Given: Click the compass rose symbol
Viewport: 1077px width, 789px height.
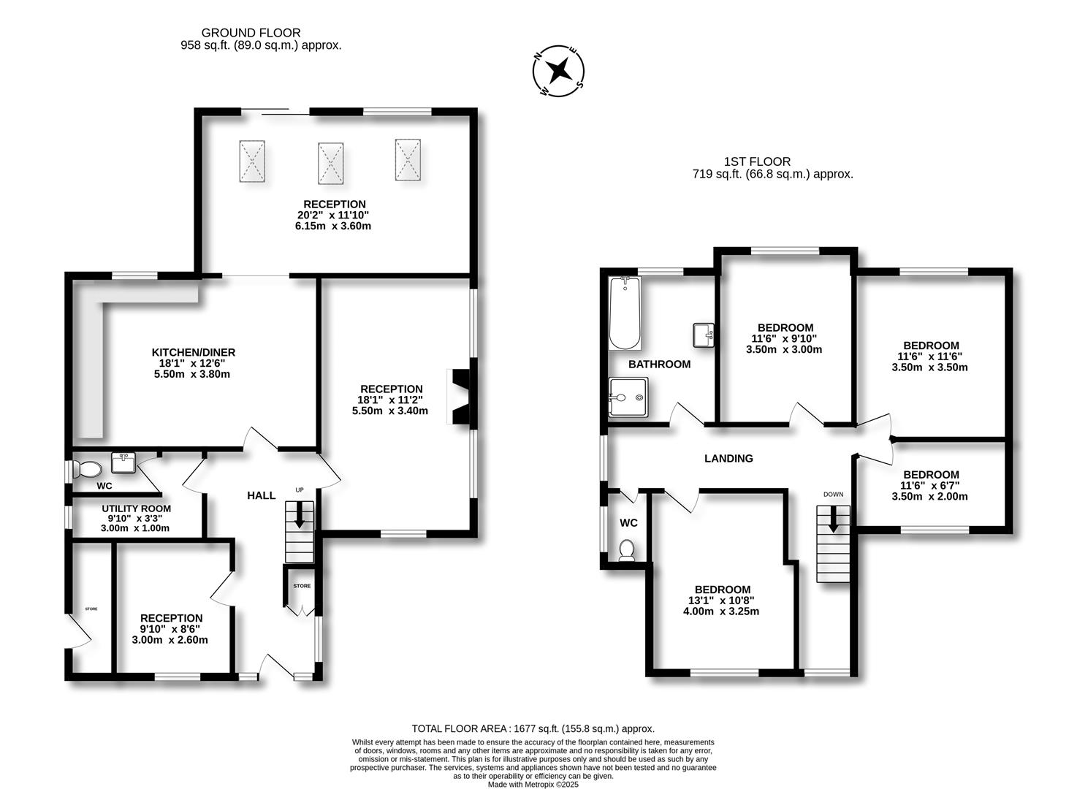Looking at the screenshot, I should [560, 72].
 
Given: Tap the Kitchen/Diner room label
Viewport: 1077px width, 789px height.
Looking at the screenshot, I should [193, 352].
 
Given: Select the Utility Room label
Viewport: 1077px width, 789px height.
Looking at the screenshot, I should [136, 508].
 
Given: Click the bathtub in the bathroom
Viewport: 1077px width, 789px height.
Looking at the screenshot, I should [625, 314].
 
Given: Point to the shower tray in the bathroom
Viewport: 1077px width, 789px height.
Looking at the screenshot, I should [628, 398].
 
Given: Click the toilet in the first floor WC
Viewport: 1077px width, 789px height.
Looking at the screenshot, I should [627, 549].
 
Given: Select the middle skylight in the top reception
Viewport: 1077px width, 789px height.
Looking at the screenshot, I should [330, 163].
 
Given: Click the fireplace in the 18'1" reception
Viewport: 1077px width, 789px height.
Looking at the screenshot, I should [462, 397].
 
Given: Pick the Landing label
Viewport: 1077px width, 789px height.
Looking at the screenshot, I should [728, 459].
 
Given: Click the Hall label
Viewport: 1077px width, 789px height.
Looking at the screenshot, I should [261, 495].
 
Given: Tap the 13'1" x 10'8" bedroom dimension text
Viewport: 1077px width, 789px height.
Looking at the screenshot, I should [721, 601].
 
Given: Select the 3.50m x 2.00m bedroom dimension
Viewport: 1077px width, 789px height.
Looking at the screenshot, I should [929, 497].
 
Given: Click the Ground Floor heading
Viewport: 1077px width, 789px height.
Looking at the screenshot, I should [251, 33].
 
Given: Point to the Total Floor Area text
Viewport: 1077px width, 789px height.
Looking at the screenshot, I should [533, 728].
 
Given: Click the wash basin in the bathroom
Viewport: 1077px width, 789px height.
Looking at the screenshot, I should [704, 335].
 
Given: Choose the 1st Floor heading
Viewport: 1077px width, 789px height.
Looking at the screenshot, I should [757, 161].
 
